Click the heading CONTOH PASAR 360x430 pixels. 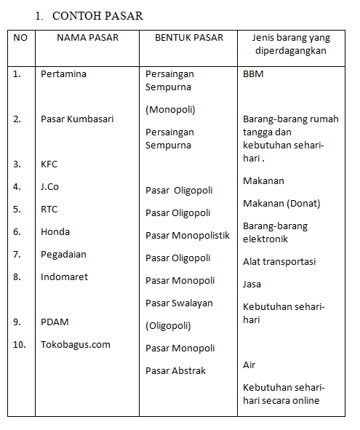point(97,15)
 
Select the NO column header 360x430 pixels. point(20,37)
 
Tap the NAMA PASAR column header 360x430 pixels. point(87,37)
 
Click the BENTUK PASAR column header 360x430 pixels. point(189,37)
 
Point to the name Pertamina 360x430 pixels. point(64,74)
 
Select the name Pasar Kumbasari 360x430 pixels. point(77,119)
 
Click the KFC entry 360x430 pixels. point(49,164)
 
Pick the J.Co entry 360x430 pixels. point(50,187)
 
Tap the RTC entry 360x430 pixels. point(49,210)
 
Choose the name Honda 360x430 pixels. point(55,232)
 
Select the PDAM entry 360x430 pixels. point(55,322)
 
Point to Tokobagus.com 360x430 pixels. point(76,344)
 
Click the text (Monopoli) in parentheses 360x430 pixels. point(170,110)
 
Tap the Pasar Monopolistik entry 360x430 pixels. point(188,236)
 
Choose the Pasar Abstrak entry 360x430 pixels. point(175,370)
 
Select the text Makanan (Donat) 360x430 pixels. point(281,204)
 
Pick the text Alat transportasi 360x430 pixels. point(279,261)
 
